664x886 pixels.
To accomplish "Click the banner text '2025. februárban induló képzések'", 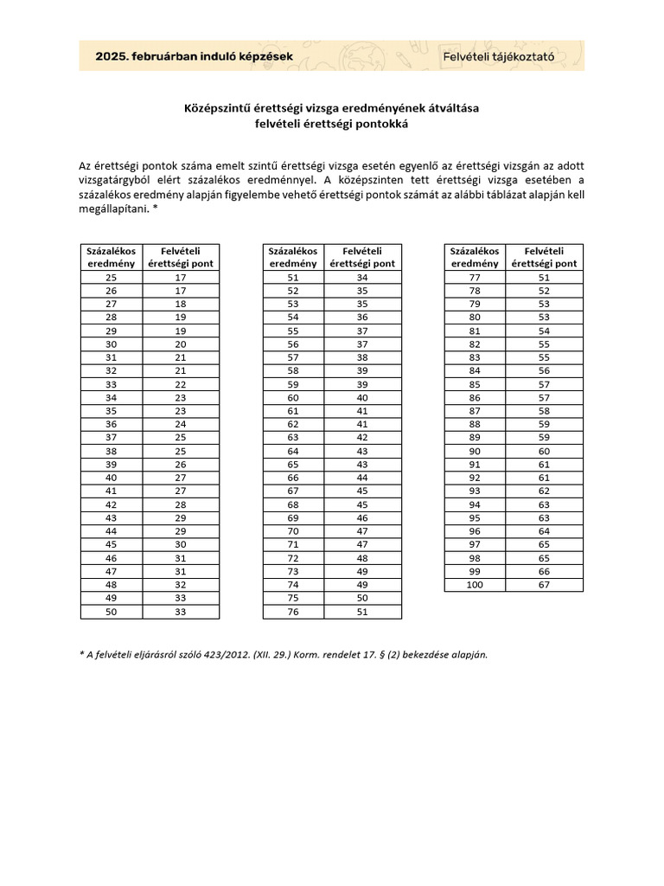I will point(194,56).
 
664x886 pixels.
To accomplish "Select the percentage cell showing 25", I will point(111,278).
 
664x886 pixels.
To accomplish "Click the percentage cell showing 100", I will point(475,585).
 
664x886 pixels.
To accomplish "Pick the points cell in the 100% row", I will point(544,585).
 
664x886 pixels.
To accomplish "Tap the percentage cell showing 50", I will point(111,612).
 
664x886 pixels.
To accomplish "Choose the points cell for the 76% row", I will point(362,612).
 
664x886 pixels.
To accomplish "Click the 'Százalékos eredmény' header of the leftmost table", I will point(111,257).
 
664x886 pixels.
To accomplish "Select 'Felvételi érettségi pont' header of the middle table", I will point(362,257).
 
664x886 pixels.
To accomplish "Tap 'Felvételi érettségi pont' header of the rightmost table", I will point(544,257).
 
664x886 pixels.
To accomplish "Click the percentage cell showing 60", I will point(292,398).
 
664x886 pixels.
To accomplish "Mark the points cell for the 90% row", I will point(544,452).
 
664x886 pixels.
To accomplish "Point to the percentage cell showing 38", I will point(111,452).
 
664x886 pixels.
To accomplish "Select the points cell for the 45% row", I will point(181,545).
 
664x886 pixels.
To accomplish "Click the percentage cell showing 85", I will point(475,385).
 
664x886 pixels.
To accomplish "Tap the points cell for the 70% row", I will point(362,531).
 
